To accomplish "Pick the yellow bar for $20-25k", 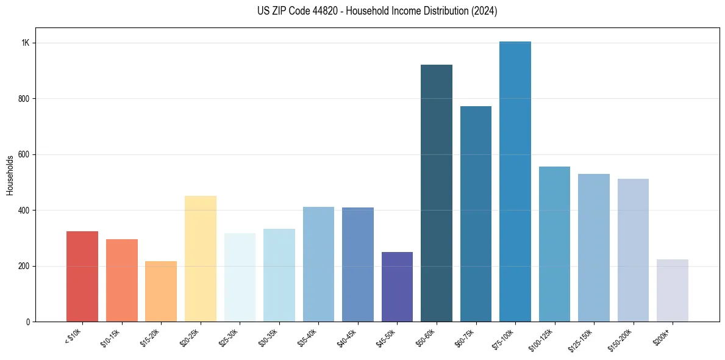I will [201, 259].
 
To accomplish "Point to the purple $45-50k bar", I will [397, 287].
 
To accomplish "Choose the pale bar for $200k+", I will [673, 290].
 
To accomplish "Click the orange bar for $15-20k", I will [161, 292].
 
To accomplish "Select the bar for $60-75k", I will [476, 214].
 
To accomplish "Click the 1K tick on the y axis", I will [25, 43].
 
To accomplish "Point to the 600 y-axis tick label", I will [24, 155].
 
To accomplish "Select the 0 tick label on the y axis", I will [28, 322].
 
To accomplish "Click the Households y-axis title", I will [10, 175].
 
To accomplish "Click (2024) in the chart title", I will [484, 11].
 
